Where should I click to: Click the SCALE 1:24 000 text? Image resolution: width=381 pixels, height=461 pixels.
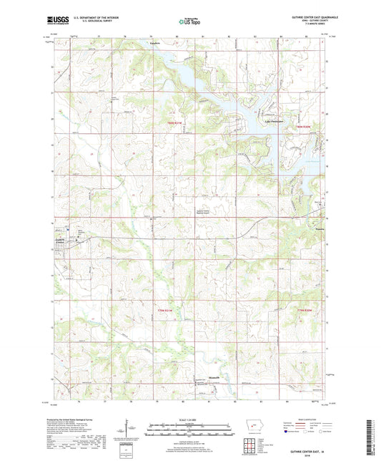point(189,419)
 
